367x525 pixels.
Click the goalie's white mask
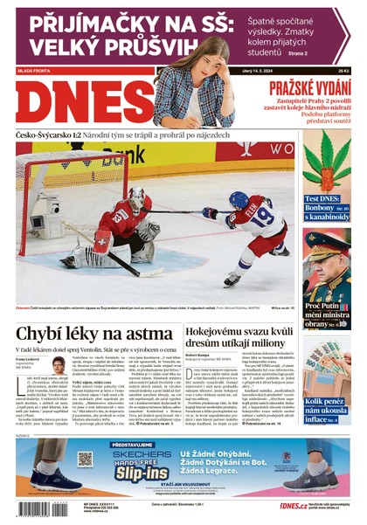pos(137,197)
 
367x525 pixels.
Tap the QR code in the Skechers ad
pos(85,459)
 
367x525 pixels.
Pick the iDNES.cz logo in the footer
pos(293,505)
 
